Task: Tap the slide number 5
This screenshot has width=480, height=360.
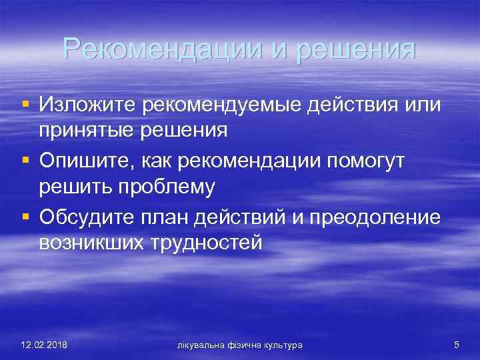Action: coord(456,345)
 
